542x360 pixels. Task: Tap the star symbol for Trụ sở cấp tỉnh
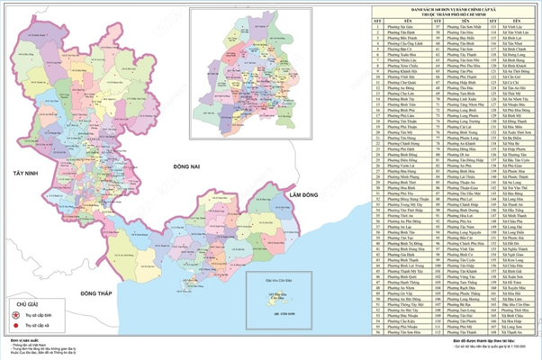14,317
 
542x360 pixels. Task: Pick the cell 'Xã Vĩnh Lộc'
510,29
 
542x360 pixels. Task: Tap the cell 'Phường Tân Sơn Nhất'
456,29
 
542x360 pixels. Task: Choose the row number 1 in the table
378,29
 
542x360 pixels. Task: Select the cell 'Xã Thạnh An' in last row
510,331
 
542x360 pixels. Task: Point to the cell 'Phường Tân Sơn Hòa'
456,34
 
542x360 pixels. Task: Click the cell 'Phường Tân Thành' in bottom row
456,331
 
